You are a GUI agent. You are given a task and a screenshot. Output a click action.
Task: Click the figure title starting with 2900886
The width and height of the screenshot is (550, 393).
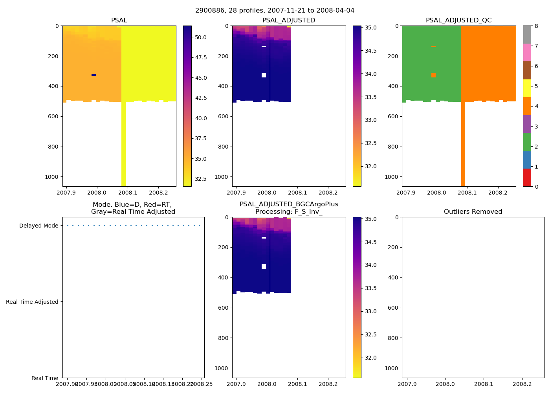click(275, 11)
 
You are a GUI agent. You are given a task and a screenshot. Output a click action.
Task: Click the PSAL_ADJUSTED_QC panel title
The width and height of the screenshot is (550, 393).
click(458, 20)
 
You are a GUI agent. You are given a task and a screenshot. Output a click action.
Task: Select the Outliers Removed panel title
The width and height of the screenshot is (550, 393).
click(473, 212)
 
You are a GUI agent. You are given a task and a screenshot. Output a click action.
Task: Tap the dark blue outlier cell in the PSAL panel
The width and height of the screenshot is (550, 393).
click(93, 75)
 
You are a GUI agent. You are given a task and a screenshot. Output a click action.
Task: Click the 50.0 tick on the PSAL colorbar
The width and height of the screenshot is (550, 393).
click(201, 37)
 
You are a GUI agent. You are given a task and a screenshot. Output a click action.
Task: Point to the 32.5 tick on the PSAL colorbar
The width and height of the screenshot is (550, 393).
click(201, 179)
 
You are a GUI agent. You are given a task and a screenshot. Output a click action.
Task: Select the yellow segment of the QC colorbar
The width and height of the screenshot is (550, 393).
click(527, 88)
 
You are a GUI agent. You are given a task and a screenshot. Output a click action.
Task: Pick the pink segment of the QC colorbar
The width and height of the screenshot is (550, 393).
click(527, 52)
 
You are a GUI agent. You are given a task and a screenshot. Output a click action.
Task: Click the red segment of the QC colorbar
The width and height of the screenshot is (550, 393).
click(527, 178)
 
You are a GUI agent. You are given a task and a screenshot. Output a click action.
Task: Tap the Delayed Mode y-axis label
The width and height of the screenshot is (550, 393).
click(38, 226)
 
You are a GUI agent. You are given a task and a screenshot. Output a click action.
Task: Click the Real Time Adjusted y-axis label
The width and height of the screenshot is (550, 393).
click(32, 302)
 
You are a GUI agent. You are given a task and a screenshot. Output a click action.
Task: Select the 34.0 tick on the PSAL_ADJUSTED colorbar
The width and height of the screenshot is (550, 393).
click(372, 74)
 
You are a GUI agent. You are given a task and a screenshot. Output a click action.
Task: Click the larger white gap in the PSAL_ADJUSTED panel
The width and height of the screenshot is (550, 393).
click(264, 75)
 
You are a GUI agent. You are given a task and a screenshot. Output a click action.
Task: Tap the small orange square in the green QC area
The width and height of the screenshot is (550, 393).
click(433, 75)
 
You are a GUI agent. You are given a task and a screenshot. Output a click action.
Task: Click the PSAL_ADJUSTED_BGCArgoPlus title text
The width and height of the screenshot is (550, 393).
click(289, 204)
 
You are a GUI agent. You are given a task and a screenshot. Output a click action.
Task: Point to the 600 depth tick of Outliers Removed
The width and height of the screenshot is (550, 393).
click(394, 308)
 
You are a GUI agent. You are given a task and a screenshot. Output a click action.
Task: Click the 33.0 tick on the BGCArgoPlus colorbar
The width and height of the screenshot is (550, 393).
click(372, 311)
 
